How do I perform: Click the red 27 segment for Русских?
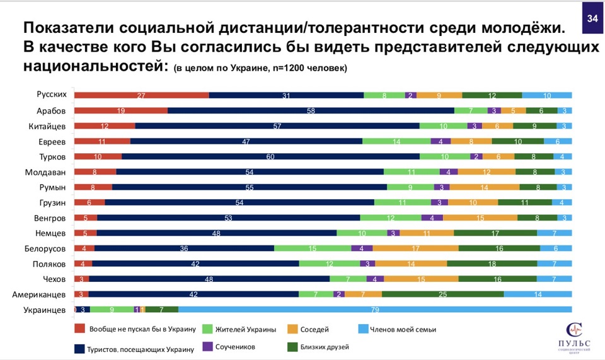coord(142,95)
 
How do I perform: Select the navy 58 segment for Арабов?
coord(311,110)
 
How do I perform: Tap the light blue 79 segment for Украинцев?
coord(375,309)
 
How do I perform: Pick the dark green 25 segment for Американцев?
coord(442,294)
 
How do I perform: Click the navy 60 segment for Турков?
coord(270,156)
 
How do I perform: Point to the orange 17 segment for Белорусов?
coord(417,248)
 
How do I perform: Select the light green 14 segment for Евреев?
coord(396,141)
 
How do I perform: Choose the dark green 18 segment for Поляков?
coord(492,264)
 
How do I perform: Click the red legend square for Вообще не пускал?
coord(79,328)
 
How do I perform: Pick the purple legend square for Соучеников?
coord(207,346)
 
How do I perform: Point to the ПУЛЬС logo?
coord(575,336)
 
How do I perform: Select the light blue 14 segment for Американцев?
coord(538,294)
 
